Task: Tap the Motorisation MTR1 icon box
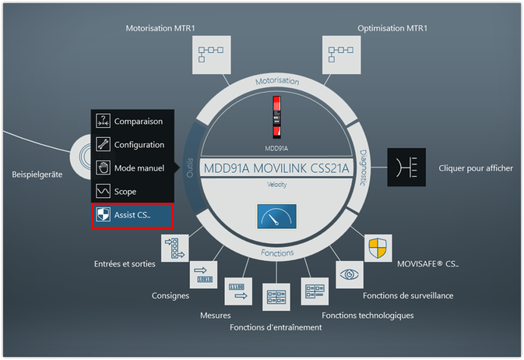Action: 210,55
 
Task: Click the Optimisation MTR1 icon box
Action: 341,55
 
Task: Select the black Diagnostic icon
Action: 407,168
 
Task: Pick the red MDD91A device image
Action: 276,115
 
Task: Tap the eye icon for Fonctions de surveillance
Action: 348,274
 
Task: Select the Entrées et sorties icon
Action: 174,247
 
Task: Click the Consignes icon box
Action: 204,274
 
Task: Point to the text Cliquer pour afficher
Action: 476,168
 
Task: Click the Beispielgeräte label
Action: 37,174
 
